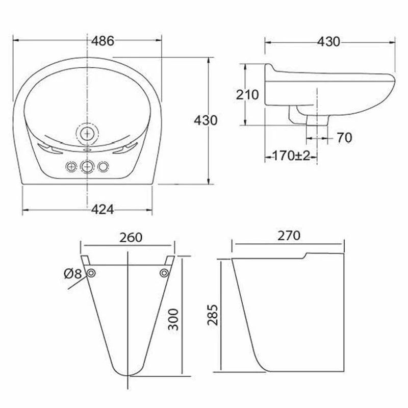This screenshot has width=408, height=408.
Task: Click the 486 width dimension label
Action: click(x=103, y=41)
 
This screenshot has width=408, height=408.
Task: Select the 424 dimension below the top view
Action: click(x=103, y=209)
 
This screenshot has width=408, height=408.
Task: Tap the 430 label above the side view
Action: click(x=328, y=42)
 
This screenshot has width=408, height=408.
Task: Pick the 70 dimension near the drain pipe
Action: click(x=344, y=137)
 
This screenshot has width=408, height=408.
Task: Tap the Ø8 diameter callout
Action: click(x=73, y=274)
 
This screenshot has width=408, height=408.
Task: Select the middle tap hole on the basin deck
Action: click(x=88, y=167)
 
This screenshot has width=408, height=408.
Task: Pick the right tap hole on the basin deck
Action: click(x=104, y=167)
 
